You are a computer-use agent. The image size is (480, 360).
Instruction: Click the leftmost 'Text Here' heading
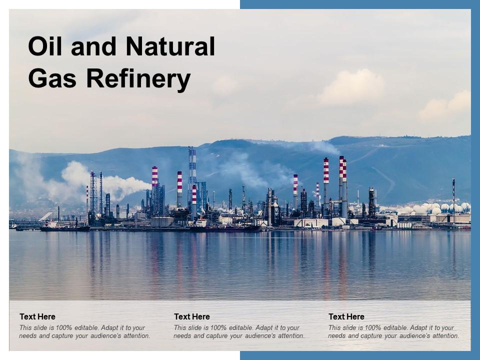pos(37,316)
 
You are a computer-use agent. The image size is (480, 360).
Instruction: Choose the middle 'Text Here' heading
pos(192,316)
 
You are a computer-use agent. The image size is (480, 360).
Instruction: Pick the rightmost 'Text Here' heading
pos(346,316)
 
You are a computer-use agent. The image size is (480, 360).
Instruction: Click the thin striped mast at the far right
pos(453,195)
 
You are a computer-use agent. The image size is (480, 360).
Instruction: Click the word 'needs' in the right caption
pos(337,336)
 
